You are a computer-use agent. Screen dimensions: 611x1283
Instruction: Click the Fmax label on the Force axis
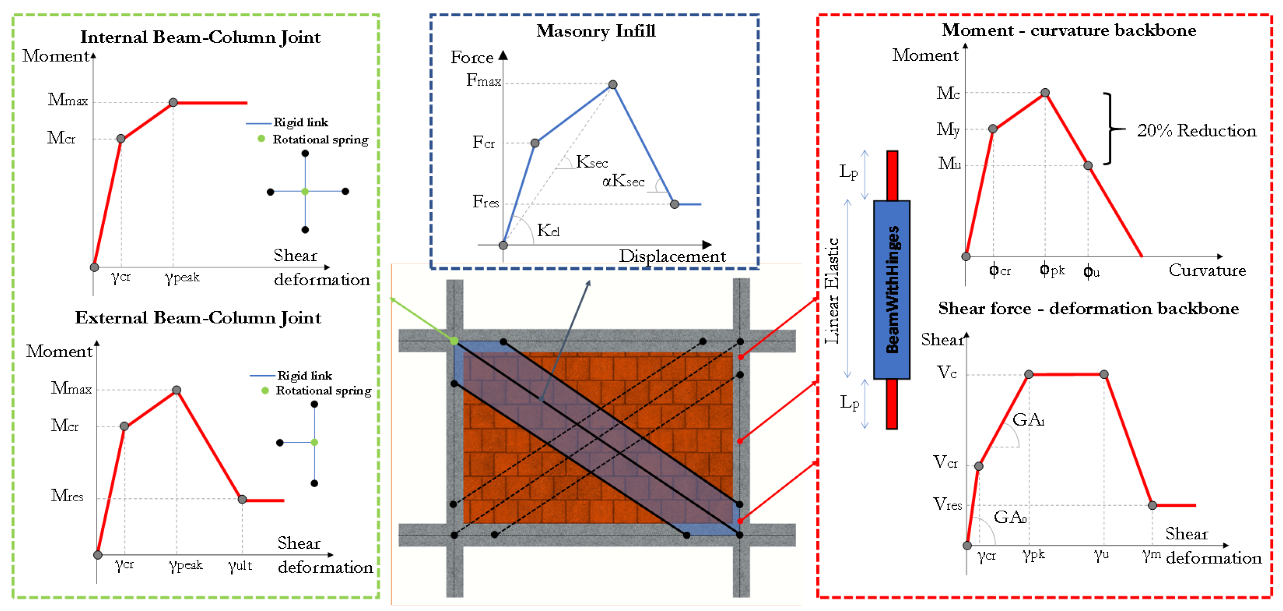483,81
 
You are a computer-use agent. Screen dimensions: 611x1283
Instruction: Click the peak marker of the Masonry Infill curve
613,85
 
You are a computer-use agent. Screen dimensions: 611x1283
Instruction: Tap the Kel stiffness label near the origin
548,230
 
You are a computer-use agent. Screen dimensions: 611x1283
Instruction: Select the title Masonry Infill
596,31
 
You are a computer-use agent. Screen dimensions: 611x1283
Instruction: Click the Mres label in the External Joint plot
67,495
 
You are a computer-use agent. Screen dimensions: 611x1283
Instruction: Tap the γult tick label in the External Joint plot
240,566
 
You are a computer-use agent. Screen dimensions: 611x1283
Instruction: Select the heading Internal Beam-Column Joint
200,37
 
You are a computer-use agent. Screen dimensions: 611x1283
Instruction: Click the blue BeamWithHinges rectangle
892,290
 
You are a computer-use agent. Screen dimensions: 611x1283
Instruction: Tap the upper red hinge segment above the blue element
892,175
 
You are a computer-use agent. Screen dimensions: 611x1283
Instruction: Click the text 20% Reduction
1196,131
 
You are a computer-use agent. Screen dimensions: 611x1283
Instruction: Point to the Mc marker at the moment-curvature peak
1045,93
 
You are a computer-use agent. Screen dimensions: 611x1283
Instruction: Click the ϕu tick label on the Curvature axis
1091,271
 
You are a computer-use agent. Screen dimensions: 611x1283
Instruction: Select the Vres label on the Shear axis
947,504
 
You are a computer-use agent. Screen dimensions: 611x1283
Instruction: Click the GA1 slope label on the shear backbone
1028,420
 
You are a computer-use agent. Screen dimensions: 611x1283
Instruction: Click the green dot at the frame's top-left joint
454,341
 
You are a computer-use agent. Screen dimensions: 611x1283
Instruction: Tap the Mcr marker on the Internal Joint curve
121,139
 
